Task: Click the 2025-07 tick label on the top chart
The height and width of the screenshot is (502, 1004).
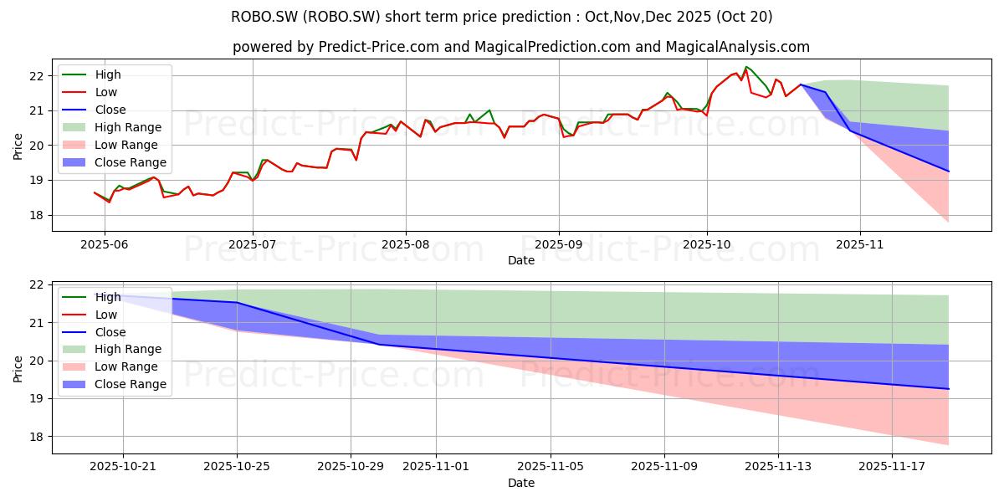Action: (253, 244)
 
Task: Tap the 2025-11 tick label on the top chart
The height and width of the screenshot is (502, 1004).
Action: (860, 244)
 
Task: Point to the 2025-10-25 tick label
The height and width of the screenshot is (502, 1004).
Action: (237, 467)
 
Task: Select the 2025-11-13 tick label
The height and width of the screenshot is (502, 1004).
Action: (778, 467)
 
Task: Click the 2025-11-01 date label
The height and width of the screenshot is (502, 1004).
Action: (436, 467)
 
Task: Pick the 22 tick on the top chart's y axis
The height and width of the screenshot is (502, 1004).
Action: (37, 76)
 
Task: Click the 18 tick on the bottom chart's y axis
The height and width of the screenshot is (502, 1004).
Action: (37, 437)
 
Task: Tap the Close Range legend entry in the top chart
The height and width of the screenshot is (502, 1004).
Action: (115, 162)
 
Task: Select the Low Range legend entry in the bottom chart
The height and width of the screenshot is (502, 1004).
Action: (110, 366)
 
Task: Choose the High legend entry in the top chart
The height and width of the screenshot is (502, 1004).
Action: (91, 74)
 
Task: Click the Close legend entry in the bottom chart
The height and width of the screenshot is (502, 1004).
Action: (94, 332)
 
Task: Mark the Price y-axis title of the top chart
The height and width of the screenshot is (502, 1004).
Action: (18, 146)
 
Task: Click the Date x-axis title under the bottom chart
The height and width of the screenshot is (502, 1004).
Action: (520, 483)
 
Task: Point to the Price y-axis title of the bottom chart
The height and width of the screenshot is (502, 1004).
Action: (18, 369)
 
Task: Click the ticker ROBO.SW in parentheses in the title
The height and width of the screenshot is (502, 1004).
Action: (341, 17)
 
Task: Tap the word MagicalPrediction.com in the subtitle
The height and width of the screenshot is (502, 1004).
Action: (552, 47)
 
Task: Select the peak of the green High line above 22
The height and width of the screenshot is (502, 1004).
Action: (745, 67)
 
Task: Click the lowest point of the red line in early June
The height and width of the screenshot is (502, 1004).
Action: (109, 202)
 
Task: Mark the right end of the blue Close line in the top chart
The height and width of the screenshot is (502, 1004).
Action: (949, 172)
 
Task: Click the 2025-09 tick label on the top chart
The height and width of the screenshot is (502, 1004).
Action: (559, 244)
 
